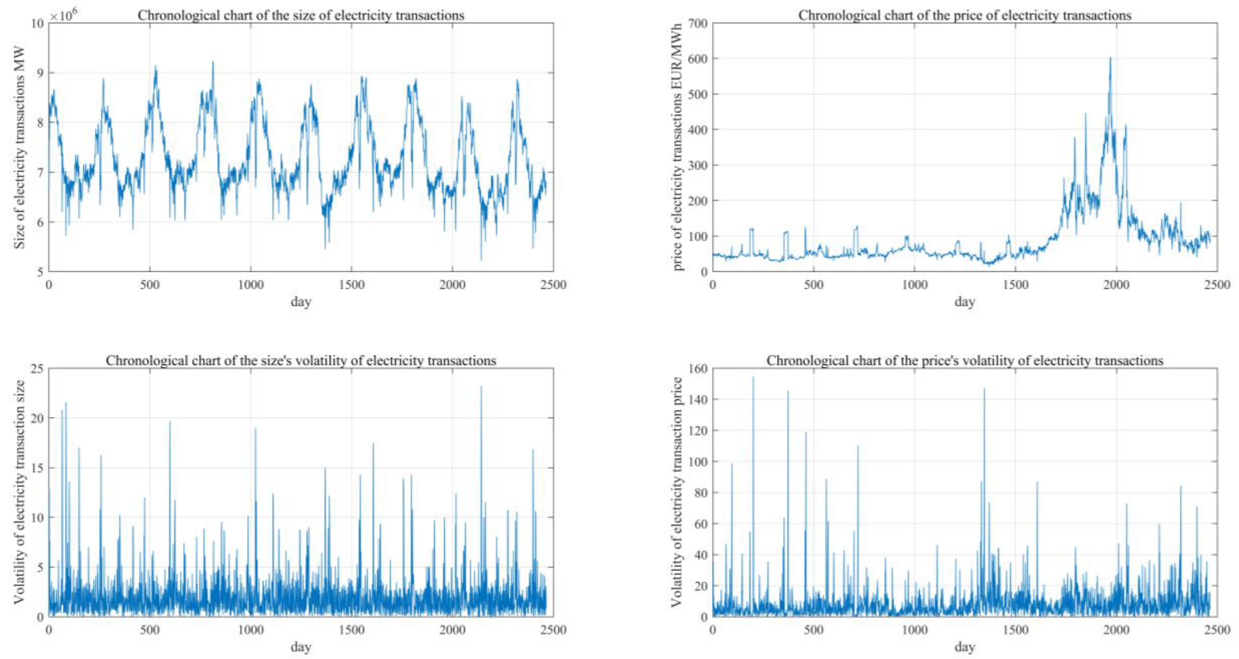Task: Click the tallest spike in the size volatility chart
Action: [481, 387]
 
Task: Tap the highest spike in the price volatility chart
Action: [753, 377]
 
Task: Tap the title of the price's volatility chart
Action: [965, 361]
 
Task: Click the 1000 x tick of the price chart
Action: [914, 285]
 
